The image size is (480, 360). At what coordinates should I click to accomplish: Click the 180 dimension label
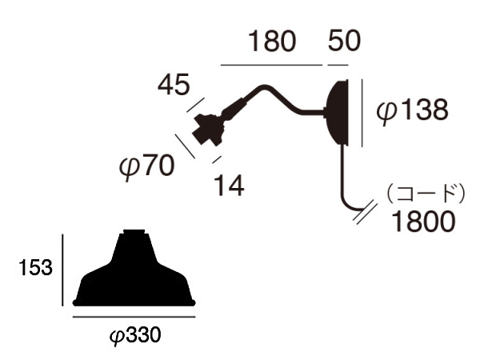(x=273, y=41)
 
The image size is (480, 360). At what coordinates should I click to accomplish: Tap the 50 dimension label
(x=344, y=41)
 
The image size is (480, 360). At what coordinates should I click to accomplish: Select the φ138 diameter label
(x=412, y=110)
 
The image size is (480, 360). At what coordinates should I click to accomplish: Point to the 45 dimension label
(x=174, y=84)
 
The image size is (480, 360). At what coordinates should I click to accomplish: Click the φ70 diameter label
(x=146, y=166)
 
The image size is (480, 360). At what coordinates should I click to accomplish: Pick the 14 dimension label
(x=229, y=186)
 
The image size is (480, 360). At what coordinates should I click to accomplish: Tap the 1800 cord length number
(x=423, y=221)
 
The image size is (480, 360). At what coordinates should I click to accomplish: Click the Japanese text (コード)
(x=426, y=194)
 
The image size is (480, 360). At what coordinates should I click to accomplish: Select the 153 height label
(x=35, y=267)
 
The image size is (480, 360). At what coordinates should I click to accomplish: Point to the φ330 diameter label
(x=135, y=336)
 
